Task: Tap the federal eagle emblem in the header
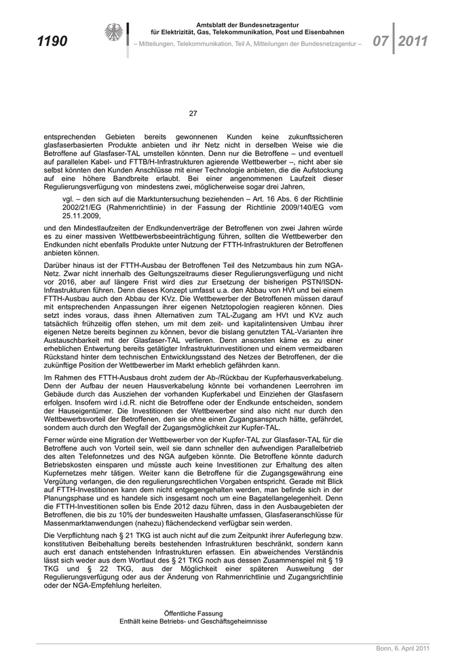click(113, 33)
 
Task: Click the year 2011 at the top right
click(413, 41)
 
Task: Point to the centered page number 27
click(193, 113)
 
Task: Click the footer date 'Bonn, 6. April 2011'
click(403, 649)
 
